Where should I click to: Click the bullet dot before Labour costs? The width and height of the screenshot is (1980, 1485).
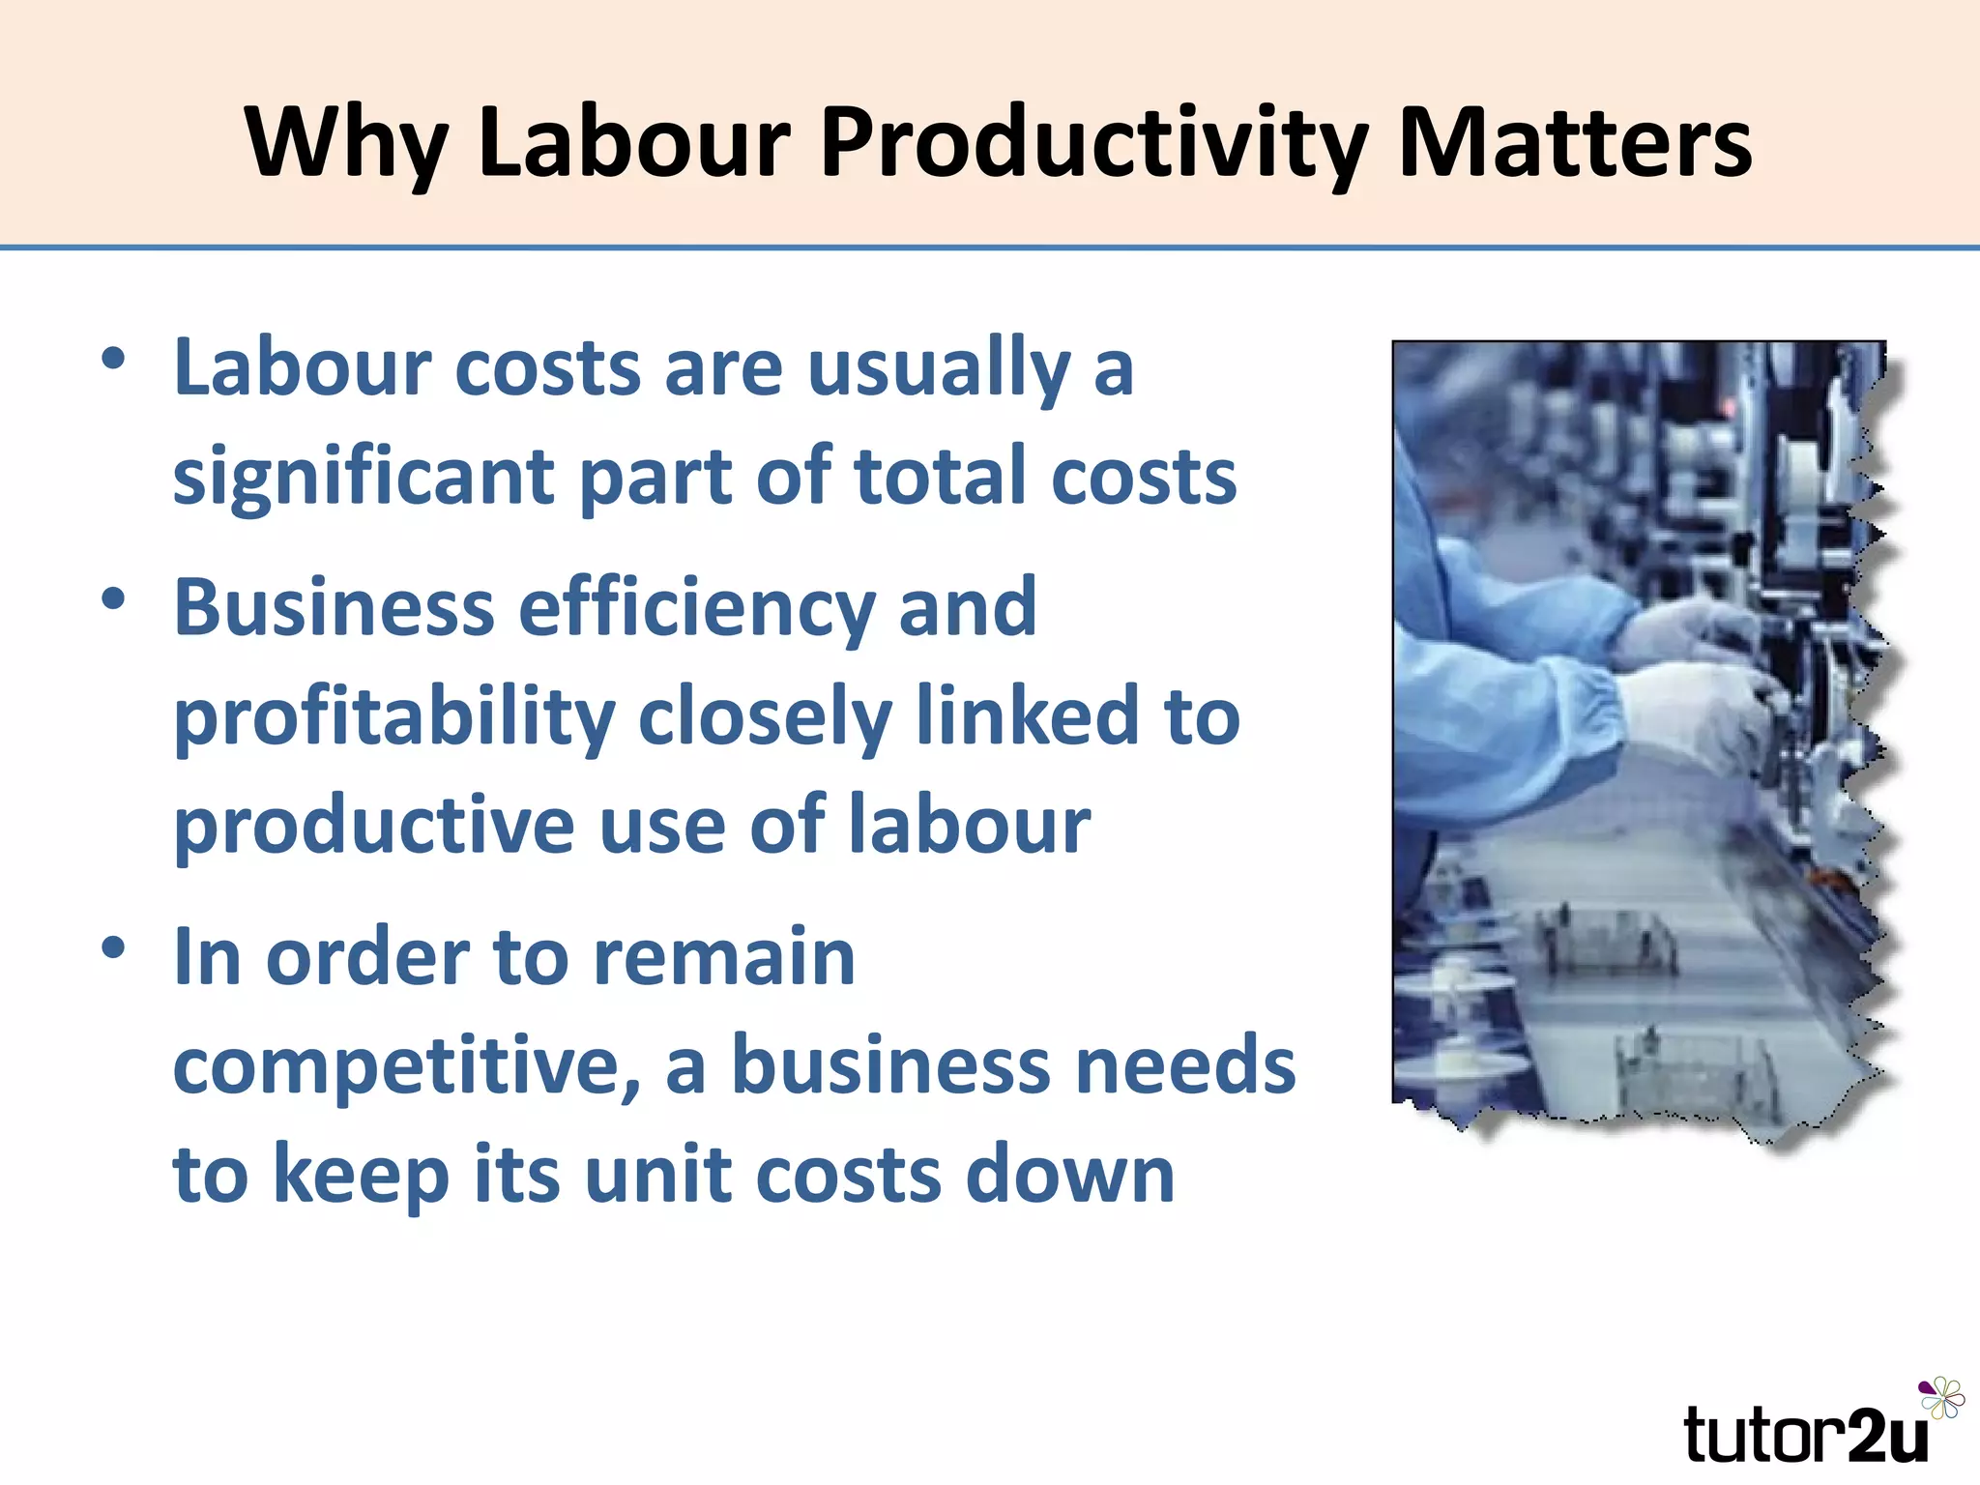113,360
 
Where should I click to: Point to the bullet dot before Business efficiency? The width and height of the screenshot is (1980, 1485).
113,599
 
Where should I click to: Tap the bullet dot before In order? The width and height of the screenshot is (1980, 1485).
113,948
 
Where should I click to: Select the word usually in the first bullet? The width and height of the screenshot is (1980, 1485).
939,368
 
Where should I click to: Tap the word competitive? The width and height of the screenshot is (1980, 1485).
406,1065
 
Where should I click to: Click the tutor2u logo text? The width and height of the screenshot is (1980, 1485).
1804,1435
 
